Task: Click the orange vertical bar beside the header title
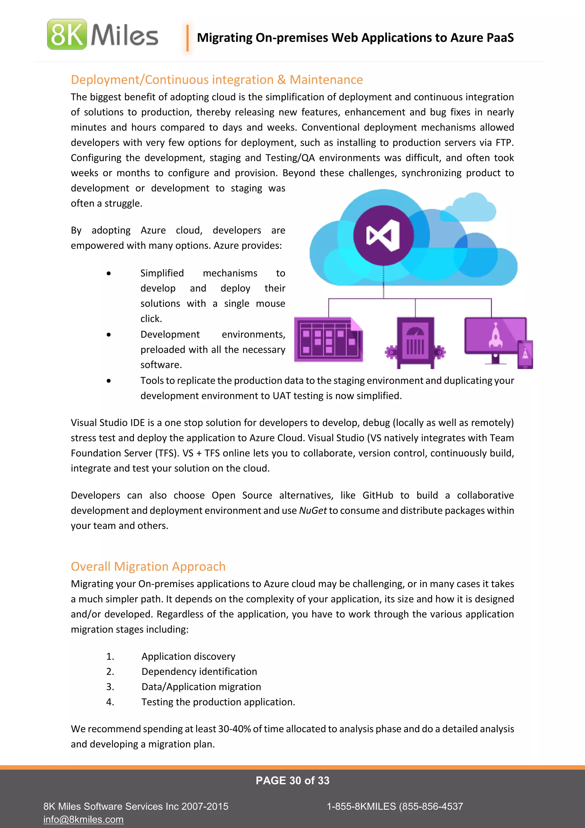pyautogui.click(x=187, y=38)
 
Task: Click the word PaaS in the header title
pyautogui.click(x=499, y=37)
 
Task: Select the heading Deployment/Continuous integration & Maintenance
pyautogui.click(x=217, y=80)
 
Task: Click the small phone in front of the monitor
pyautogui.click(x=525, y=355)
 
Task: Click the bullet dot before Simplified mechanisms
pyautogui.click(x=109, y=273)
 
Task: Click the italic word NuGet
pyautogui.click(x=313, y=511)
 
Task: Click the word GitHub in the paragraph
pyautogui.click(x=378, y=495)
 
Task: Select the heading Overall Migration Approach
pyautogui.click(x=148, y=567)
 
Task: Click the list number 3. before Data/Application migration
pyautogui.click(x=110, y=687)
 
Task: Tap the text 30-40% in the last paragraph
pyautogui.click(x=235, y=729)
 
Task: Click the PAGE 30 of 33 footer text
pyautogui.click(x=292, y=781)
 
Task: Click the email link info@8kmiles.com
pyautogui.click(x=83, y=820)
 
